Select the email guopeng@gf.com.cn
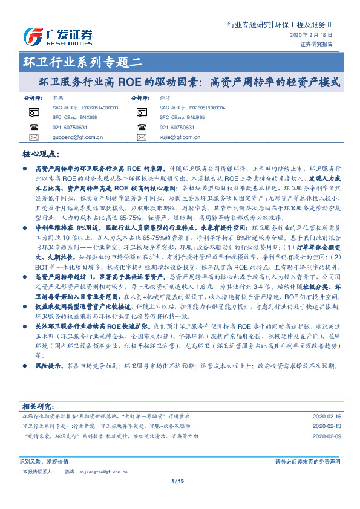[x=74, y=137]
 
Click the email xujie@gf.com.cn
[x=175, y=137]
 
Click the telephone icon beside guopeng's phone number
[x=33, y=128]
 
